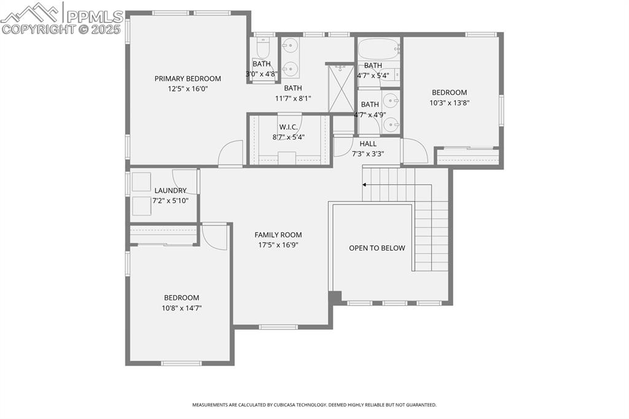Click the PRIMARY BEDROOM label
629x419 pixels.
point(187,79)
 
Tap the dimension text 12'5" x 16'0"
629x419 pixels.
point(187,88)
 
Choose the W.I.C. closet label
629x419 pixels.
point(288,127)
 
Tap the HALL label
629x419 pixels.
point(368,144)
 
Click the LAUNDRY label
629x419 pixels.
point(170,190)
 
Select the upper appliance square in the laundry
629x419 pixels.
point(141,182)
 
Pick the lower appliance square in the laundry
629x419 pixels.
point(141,206)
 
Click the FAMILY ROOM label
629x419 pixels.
point(278,235)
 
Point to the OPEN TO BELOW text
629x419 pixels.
point(377,248)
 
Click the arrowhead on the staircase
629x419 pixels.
point(365,184)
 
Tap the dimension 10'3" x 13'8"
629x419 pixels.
point(450,103)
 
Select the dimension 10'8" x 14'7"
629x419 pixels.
point(181,308)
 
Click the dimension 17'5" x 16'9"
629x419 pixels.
point(278,245)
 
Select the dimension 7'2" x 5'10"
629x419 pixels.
point(170,200)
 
